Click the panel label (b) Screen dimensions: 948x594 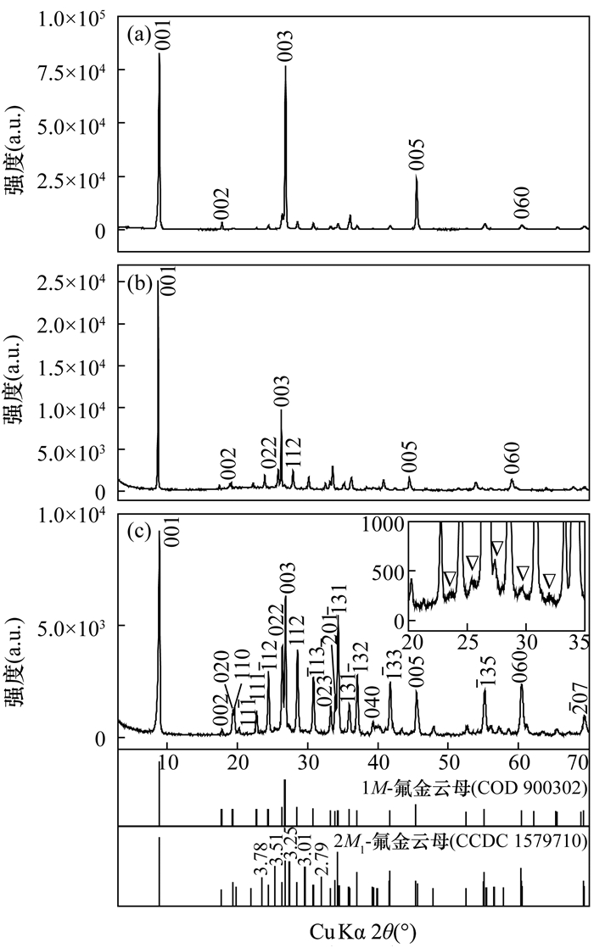pos(138,284)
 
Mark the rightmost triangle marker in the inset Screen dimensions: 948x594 pos(549,581)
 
